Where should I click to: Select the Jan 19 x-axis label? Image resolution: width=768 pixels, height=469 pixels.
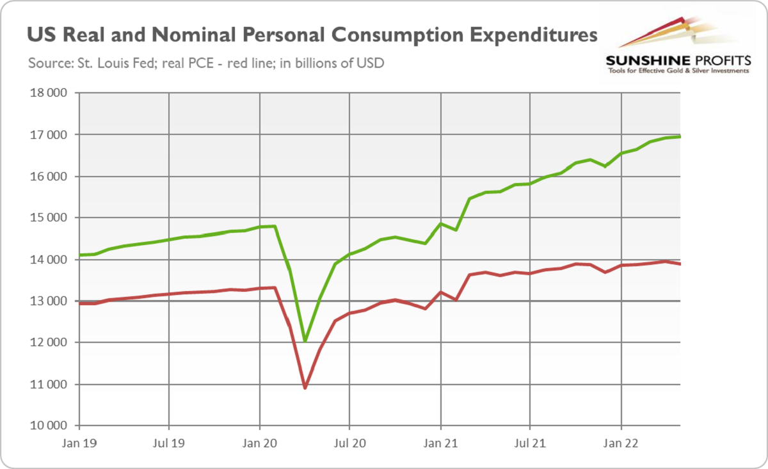pos(78,441)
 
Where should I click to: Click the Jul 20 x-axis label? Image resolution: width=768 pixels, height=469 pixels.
pos(349,441)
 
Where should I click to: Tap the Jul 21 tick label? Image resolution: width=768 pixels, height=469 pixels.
pos(530,441)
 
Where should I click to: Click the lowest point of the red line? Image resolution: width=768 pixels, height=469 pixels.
pos(305,388)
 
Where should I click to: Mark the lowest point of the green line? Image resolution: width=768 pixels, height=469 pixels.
pos(305,341)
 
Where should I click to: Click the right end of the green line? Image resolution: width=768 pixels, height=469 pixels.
pos(680,136)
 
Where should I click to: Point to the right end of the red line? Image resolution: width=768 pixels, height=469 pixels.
pos(680,264)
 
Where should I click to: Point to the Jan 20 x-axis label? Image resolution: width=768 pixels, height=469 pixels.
pos(259,441)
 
